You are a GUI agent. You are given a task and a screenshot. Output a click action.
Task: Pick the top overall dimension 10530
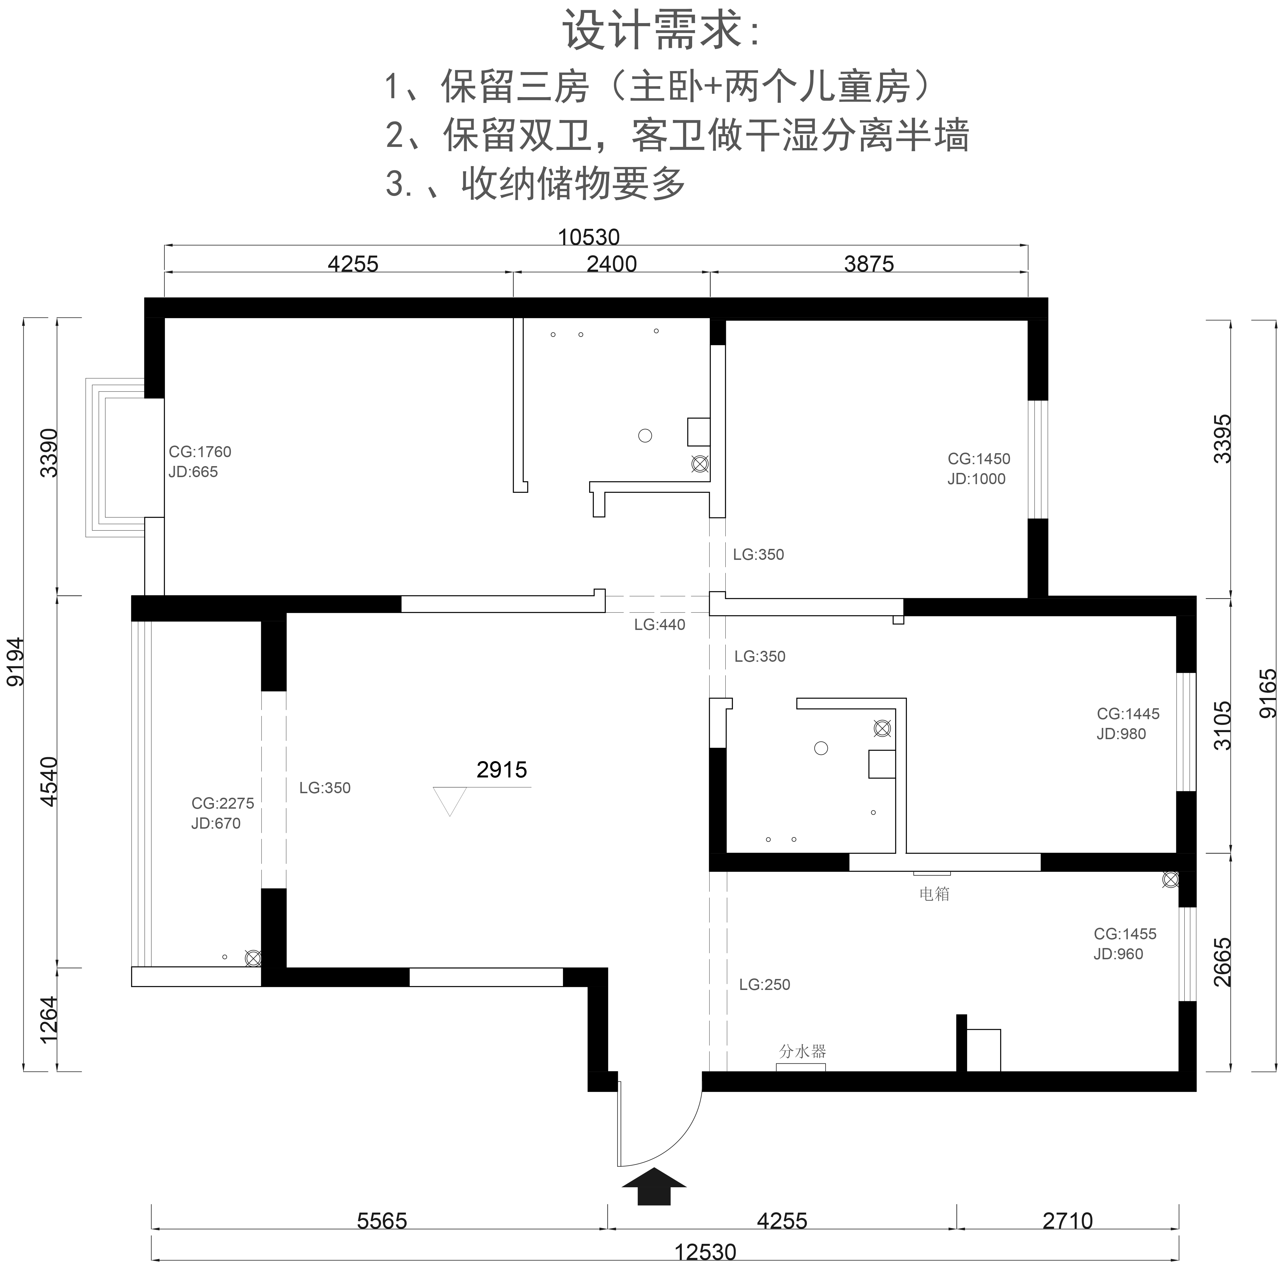point(589,237)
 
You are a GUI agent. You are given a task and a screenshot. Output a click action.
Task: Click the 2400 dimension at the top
point(611,264)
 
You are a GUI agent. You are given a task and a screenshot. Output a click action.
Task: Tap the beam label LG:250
point(765,985)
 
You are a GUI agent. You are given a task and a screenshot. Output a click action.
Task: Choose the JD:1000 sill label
point(977,479)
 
